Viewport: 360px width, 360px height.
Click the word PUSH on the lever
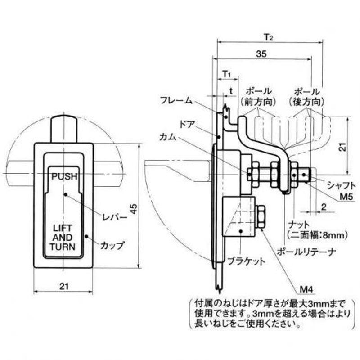tap(64, 176)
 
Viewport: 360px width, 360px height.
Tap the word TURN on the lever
tap(63, 247)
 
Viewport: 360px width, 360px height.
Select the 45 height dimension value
tap(134, 209)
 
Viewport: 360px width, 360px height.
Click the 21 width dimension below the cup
tap(64, 286)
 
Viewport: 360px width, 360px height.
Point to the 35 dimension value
tap(261, 54)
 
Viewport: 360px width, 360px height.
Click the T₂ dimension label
tap(268, 37)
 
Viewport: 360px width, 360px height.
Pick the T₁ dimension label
tap(227, 74)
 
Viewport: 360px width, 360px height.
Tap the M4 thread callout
tap(306, 290)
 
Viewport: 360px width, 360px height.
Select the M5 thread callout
tap(346, 197)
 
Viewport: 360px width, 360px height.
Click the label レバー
tap(115, 217)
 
